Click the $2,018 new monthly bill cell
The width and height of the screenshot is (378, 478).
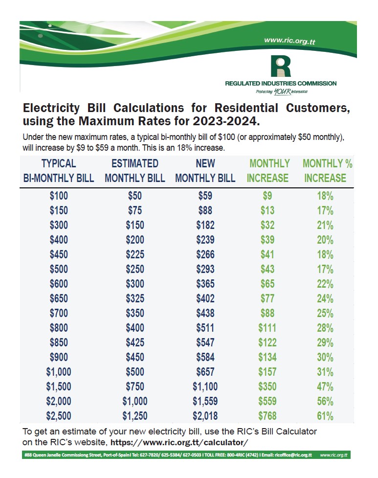click(x=205, y=416)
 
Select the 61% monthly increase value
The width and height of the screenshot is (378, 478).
click(x=325, y=416)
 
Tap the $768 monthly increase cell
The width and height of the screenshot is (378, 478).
click(x=267, y=416)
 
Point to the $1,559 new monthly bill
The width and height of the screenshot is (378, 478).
click(x=205, y=401)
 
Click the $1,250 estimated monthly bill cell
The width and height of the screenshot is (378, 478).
click(x=134, y=416)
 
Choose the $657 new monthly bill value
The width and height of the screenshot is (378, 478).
click(x=205, y=372)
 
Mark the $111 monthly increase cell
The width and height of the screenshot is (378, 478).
click(x=267, y=328)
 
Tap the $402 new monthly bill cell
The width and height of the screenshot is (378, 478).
click(x=205, y=298)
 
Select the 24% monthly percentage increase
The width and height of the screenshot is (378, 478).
click(x=325, y=298)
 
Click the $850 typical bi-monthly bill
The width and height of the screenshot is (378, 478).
click(x=59, y=342)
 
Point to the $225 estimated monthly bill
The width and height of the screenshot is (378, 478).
click(x=134, y=254)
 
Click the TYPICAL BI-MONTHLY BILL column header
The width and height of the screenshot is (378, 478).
click(x=59, y=171)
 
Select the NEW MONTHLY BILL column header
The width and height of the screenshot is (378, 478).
click(x=205, y=171)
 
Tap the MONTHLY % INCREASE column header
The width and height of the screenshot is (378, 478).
click(x=325, y=171)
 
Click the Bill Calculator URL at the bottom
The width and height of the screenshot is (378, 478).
click(x=179, y=442)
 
